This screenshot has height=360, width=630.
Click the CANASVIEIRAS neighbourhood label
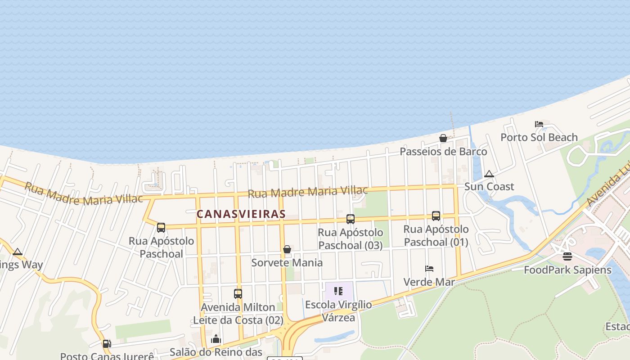tap(241, 214)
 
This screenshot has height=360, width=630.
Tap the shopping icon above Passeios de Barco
tap(443, 138)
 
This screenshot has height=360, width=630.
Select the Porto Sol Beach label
tap(539, 137)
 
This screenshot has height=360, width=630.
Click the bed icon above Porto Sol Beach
tap(539, 124)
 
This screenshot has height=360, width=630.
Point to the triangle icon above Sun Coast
tap(489, 174)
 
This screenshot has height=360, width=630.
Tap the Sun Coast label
tap(489, 186)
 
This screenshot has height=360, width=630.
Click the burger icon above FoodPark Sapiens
tap(567, 256)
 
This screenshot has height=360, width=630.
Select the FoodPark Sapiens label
tap(567, 270)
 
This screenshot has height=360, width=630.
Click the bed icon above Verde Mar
tap(429, 269)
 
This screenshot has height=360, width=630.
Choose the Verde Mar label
tap(429, 282)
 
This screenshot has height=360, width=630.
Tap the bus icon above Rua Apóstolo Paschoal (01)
tap(436, 216)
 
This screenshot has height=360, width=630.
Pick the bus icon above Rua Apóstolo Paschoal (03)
tap(351, 219)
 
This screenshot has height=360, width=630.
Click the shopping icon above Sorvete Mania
tap(287, 249)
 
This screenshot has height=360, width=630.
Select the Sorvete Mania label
tap(287, 262)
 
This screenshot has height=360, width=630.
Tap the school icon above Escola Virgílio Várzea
tap(339, 291)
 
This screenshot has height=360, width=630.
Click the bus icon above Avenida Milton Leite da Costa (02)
tap(238, 294)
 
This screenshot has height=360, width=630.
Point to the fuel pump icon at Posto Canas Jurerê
tap(107, 344)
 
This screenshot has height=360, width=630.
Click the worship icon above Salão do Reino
tap(216, 338)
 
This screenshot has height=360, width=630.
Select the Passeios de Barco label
tap(443, 152)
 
